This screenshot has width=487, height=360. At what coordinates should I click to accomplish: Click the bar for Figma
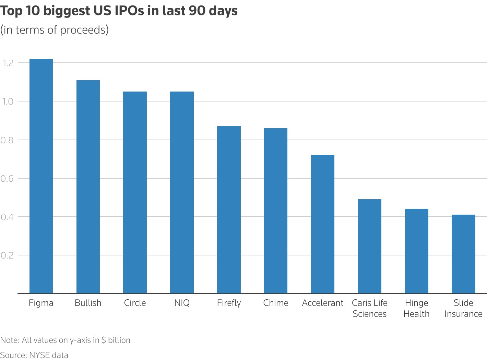tap(41, 176)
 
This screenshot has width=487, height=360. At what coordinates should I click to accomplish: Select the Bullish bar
tap(88, 187)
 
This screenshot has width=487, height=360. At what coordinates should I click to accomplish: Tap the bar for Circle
tap(135, 192)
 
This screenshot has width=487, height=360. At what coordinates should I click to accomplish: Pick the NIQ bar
tap(182, 192)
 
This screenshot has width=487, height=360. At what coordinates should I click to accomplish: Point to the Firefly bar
tap(229, 210)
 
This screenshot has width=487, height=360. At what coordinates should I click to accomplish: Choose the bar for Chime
tap(276, 211)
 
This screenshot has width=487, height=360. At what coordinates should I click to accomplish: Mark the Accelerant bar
tap(323, 224)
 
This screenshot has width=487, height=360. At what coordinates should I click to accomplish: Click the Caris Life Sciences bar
tap(370, 246)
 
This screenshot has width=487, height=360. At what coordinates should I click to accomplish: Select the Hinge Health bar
tap(416, 251)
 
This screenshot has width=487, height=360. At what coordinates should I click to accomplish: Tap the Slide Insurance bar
tap(463, 254)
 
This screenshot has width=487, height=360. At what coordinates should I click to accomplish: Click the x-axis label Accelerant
tap(323, 303)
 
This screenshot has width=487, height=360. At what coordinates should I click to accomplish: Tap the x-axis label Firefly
tap(229, 303)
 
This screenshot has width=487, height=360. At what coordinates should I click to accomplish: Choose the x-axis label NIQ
tap(182, 303)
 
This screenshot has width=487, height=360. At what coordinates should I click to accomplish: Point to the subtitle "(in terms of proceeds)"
tap(55, 30)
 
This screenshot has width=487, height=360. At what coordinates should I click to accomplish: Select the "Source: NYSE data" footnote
tap(34, 355)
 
